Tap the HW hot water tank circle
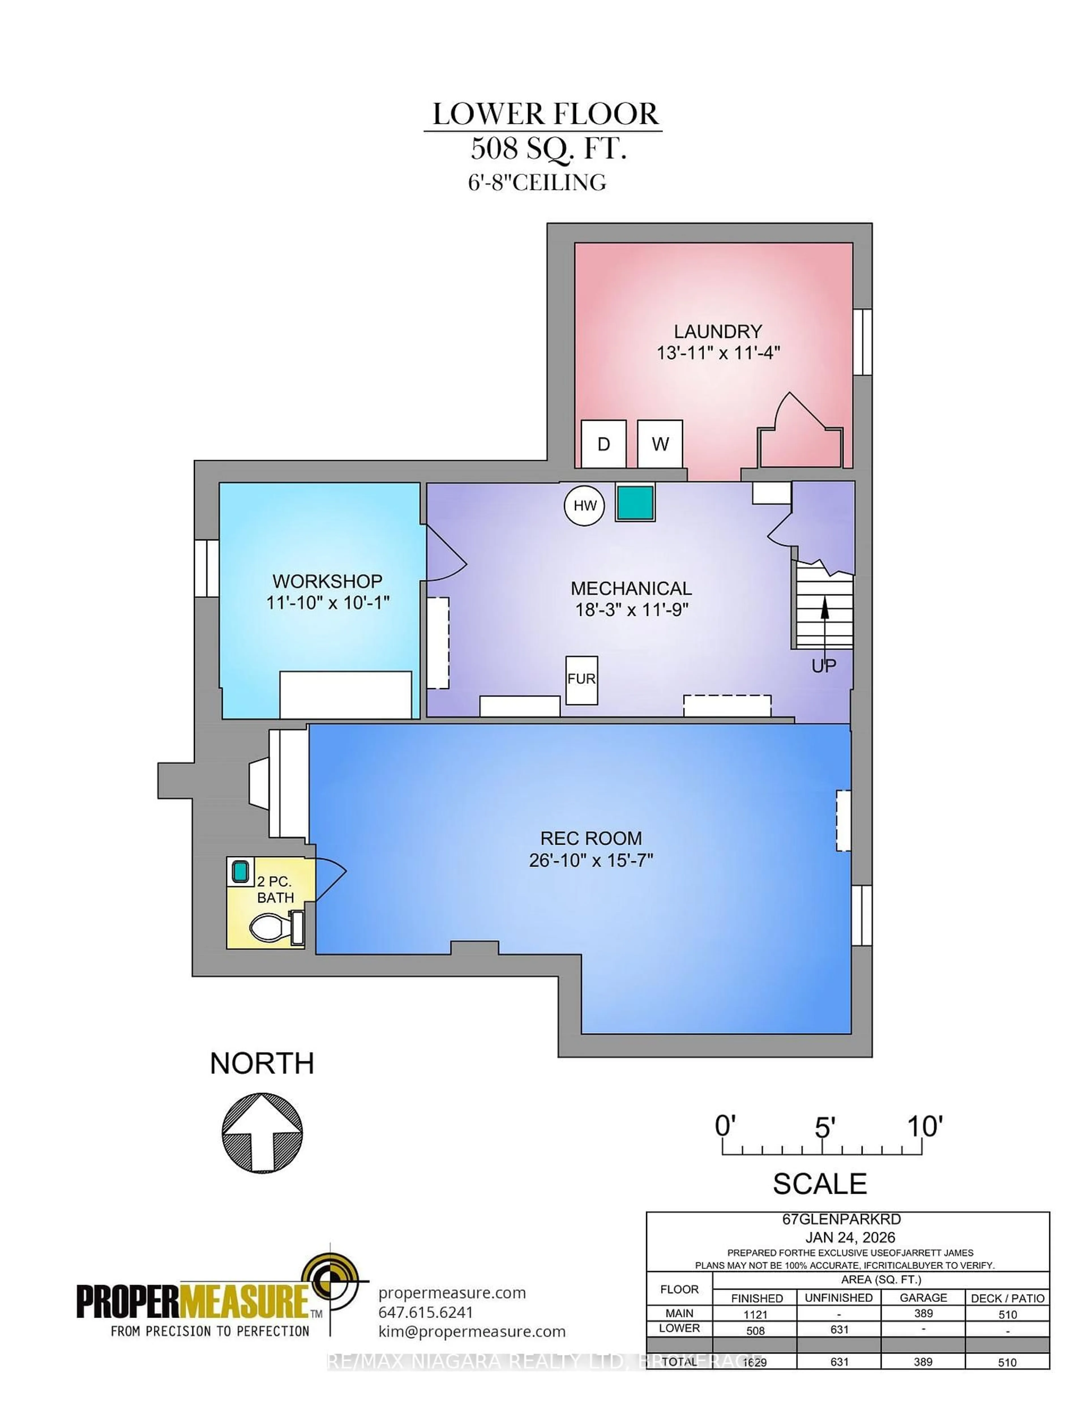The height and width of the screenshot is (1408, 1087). click(585, 505)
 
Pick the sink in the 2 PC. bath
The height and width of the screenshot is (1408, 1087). click(240, 872)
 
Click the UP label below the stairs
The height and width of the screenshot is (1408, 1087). click(823, 666)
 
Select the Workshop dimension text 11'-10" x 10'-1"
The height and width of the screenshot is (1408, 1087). click(328, 603)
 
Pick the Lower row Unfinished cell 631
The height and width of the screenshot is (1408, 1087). click(839, 1329)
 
